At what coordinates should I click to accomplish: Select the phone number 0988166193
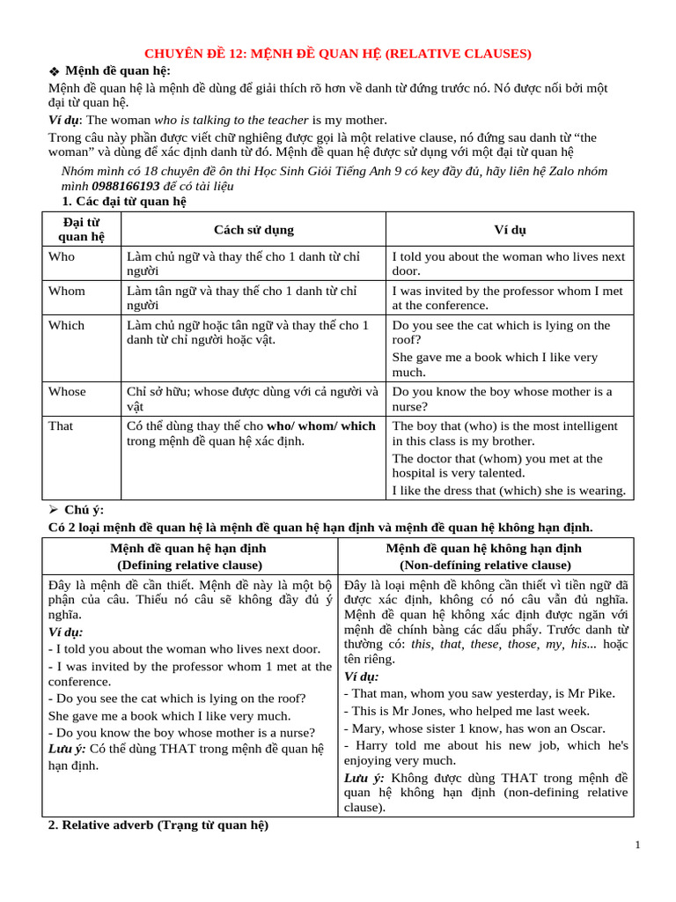[x=125, y=187]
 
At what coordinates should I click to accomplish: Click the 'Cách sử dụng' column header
[x=253, y=230]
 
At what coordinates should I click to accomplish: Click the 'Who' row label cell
[x=62, y=256]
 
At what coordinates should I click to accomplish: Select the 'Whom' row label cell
[x=67, y=291]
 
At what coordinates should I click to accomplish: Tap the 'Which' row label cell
[x=67, y=325]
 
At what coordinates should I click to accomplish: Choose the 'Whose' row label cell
[x=67, y=391]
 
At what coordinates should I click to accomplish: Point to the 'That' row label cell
[x=61, y=425]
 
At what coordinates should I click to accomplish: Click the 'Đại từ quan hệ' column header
[x=81, y=229]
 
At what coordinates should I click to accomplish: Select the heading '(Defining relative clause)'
[x=189, y=565]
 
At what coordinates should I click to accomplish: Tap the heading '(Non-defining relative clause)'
[x=485, y=565]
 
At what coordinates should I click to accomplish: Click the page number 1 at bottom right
[x=637, y=846]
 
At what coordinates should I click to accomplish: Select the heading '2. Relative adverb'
[x=158, y=825]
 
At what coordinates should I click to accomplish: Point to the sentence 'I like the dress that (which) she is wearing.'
[x=509, y=491]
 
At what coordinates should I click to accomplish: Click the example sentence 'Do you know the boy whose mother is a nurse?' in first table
[x=502, y=398]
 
